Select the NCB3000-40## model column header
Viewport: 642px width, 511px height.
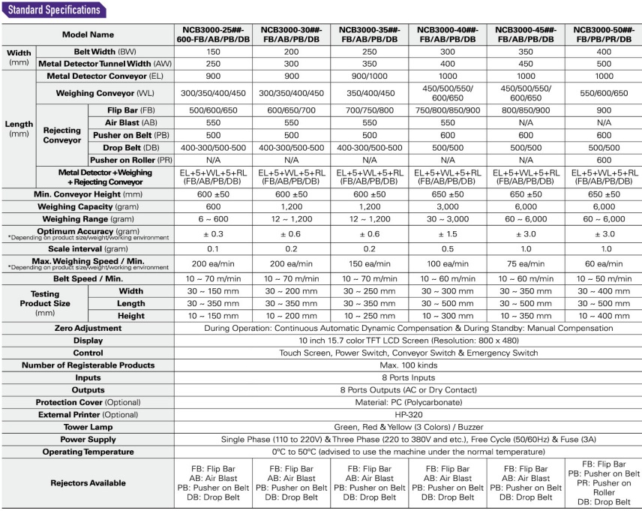tap(448, 34)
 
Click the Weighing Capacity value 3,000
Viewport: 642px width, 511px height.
tap(448, 206)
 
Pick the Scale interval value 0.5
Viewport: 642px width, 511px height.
tap(448, 248)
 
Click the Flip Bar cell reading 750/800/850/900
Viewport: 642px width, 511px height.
tap(448, 109)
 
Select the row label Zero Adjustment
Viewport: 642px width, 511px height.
tap(88, 328)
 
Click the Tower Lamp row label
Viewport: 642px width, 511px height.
tap(88, 426)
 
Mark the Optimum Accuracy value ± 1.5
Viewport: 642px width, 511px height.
tap(448, 234)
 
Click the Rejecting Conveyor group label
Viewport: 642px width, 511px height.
tap(61, 135)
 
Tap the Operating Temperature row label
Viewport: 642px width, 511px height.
tap(88, 452)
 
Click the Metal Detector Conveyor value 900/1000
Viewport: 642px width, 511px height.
tap(370, 77)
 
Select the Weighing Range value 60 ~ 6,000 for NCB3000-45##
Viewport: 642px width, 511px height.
tap(526, 218)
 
